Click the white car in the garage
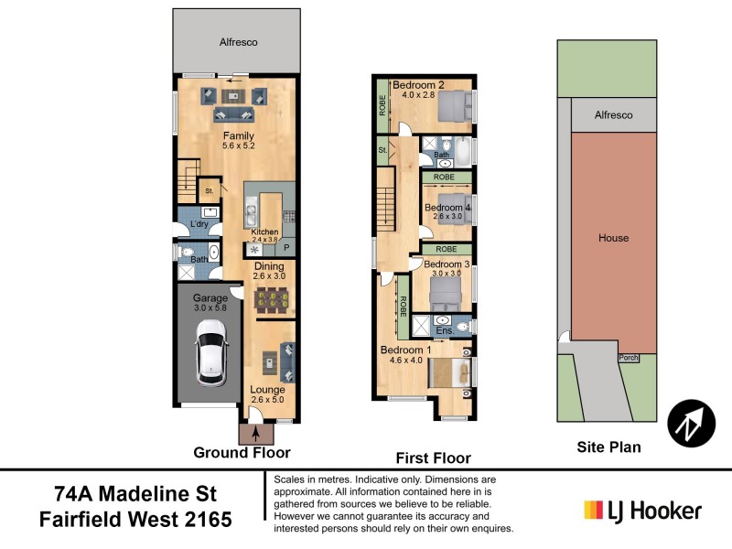[x=210, y=358]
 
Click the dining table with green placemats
[x=273, y=300]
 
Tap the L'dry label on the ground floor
[x=199, y=225]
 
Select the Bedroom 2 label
[x=418, y=86]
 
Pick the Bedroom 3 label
[x=447, y=265]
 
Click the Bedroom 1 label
[x=405, y=350]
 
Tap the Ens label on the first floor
[x=443, y=331]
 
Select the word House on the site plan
[x=613, y=238]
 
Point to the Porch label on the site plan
[x=628, y=358]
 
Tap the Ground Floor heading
[x=242, y=452]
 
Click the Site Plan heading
[x=608, y=447]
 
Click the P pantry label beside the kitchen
[x=285, y=248]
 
